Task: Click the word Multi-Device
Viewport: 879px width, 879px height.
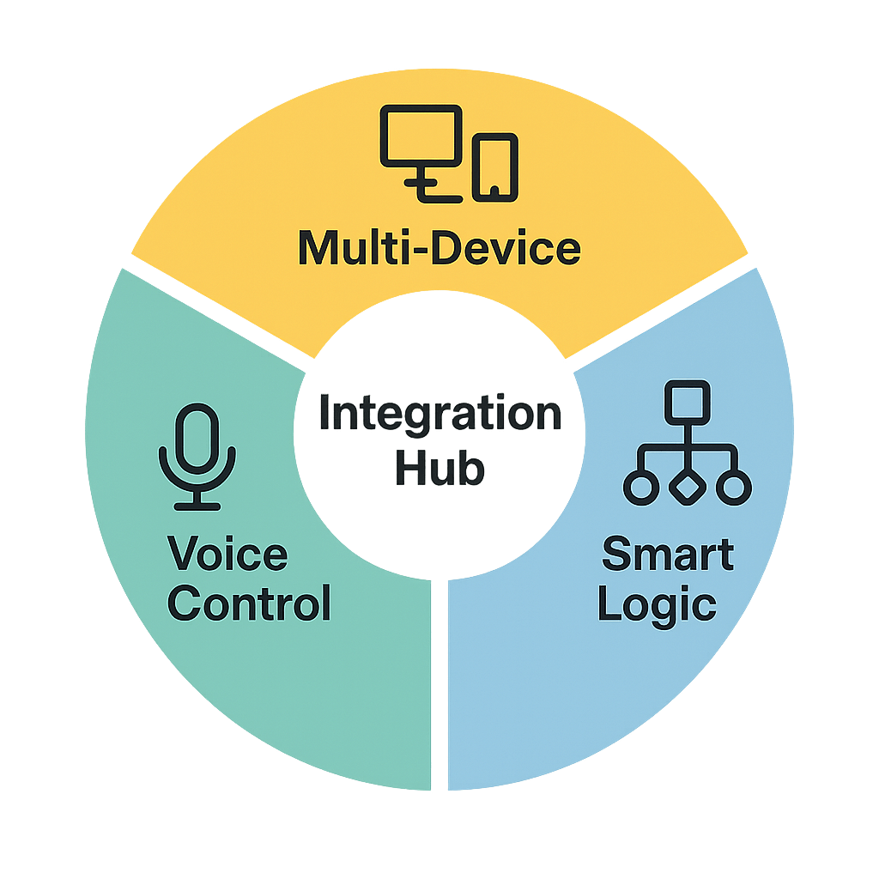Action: (439, 249)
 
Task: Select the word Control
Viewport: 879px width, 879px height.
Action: (249, 603)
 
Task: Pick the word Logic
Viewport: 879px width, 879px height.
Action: (657, 605)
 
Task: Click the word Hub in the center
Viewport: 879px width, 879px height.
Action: (439, 470)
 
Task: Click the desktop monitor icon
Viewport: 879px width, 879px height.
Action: (421, 137)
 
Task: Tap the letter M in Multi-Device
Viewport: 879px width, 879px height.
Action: (318, 249)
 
